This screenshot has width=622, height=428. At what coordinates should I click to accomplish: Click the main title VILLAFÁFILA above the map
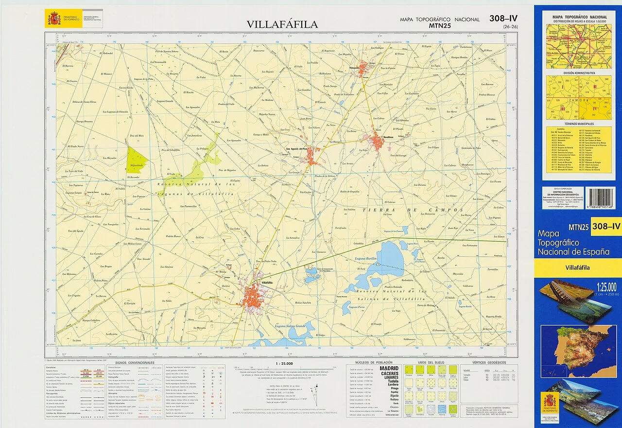pyautogui.click(x=282, y=24)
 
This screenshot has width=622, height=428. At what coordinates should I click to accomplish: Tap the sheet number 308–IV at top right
pyautogui.click(x=503, y=19)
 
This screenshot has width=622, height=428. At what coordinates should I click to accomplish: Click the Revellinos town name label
pyautogui.click(x=384, y=138)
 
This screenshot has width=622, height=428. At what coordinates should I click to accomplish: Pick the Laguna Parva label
pyautogui.click(x=357, y=307)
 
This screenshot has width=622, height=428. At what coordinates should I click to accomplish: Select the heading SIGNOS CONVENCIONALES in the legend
pyautogui.click(x=132, y=363)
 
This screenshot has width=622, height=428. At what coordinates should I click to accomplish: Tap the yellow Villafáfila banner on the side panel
pyautogui.click(x=578, y=267)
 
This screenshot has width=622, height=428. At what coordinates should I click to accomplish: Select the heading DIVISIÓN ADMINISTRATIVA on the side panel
pyautogui.click(x=579, y=72)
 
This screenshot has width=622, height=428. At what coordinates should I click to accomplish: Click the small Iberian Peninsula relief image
pyautogui.click(x=578, y=344)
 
